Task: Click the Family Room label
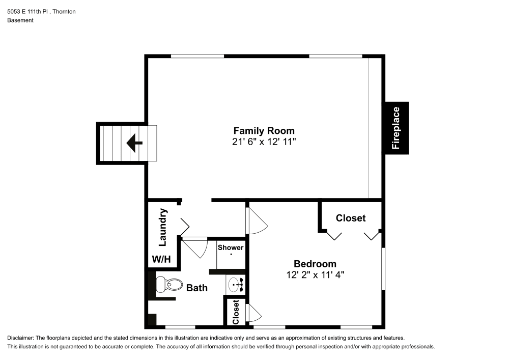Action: pyautogui.click(x=264, y=130)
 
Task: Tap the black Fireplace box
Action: pyautogui.click(x=396, y=128)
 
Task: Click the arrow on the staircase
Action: pyautogui.click(x=134, y=143)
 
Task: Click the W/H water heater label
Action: pyautogui.click(x=161, y=259)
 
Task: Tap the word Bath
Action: pyautogui.click(x=196, y=288)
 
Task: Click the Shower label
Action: pyautogui.click(x=231, y=247)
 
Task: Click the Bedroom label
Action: pyautogui.click(x=315, y=264)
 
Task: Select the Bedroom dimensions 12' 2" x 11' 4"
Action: pyautogui.click(x=315, y=275)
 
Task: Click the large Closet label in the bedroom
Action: pyautogui.click(x=351, y=218)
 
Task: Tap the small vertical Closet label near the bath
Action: pyautogui.click(x=236, y=312)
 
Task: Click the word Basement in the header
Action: pyautogui.click(x=20, y=20)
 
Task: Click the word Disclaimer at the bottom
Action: pyautogui.click(x=20, y=338)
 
